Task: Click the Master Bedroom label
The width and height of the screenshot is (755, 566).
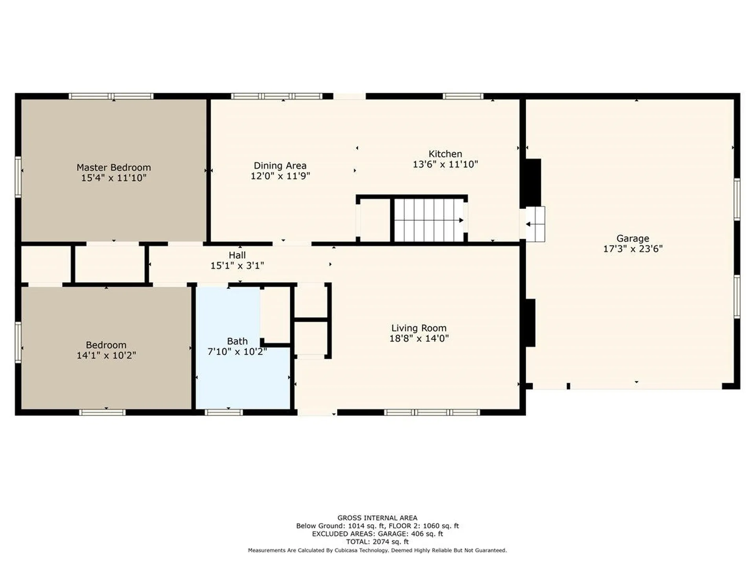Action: (x=114, y=167)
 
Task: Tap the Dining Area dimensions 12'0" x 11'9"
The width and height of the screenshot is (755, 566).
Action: (x=280, y=176)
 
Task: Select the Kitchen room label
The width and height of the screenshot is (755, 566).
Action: (x=445, y=154)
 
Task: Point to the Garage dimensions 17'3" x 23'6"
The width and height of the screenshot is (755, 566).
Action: (x=633, y=249)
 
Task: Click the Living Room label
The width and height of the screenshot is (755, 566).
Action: (x=419, y=328)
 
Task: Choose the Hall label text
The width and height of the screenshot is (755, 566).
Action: (x=237, y=255)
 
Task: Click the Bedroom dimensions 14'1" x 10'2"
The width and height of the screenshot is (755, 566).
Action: (x=106, y=355)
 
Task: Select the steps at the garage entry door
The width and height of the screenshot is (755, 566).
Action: (x=535, y=224)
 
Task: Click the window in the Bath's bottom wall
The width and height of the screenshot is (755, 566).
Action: (x=224, y=412)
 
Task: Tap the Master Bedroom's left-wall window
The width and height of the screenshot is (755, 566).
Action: (x=18, y=176)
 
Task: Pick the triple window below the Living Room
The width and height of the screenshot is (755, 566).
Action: (x=432, y=412)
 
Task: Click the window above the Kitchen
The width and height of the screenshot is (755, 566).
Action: (x=463, y=96)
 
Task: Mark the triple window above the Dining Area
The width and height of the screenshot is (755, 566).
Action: (x=277, y=96)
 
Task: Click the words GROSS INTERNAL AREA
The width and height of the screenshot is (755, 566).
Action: (x=377, y=518)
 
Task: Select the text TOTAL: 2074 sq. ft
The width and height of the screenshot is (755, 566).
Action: (x=377, y=542)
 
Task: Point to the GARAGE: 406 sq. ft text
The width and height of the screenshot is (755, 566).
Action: (x=411, y=534)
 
